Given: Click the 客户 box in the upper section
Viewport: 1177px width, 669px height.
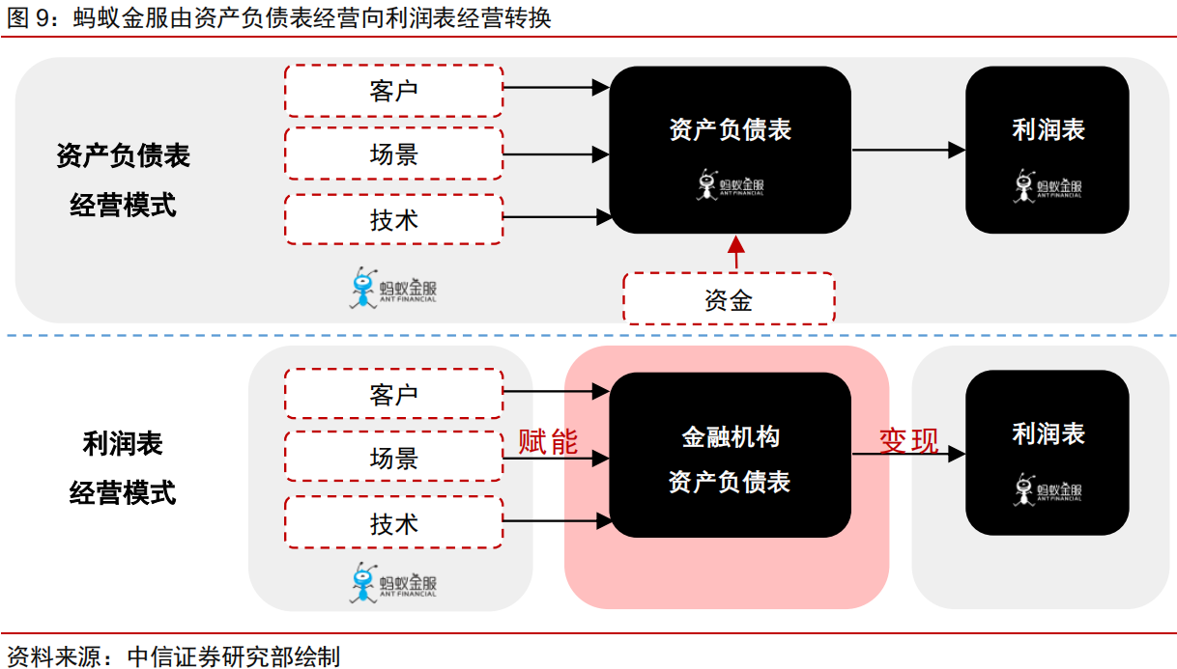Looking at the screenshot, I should pyautogui.click(x=393, y=91).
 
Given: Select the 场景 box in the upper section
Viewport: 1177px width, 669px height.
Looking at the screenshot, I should pyautogui.click(x=393, y=153).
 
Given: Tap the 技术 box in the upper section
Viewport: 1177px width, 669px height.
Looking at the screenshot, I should pyautogui.click(x=393, y=219).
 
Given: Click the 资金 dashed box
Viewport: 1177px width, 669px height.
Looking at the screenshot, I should pyautogui.click(x=729, y=299).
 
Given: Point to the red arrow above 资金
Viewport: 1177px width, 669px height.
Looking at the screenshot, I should pyautogui.click(x=736, y=253).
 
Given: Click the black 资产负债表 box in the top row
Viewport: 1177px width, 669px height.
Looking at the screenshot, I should pyautogui.click(x=730, y=150).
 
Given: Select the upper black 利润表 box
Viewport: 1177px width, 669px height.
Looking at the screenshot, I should pyautogui.click(x=1048, y=150).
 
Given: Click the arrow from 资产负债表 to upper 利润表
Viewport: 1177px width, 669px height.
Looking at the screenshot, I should pyautogui.click(x=908, y=150).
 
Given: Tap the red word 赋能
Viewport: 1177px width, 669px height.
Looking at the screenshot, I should pyautogui.click(x=548, y=441).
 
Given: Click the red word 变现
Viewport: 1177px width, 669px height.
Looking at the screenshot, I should pyautogui.click(x=908, y=440).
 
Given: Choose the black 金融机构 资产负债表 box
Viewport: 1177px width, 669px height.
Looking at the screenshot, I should pyautogui.click(x=730, y=455).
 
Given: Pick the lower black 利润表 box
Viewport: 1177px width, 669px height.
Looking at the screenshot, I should pyautogui.click(x=1048, y=453).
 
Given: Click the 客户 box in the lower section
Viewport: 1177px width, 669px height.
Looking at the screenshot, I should pyautogui.click(x=393, y=395).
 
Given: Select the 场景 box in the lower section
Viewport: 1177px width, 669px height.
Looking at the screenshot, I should pyautogui.click(x=393, y=458).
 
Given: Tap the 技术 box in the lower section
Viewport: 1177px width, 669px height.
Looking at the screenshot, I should pyautogui.click(x=393, y=523).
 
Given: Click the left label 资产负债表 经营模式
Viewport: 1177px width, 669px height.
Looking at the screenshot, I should pyautogui.click(x=123, y=180).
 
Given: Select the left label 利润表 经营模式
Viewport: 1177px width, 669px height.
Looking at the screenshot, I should pyautogui.click(x=123, y=468).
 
